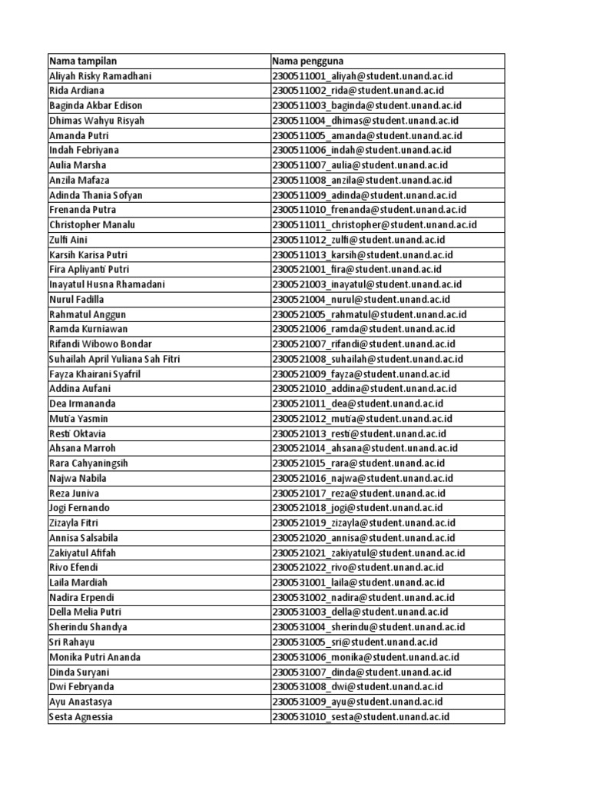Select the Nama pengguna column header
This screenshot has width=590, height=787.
pyautogui.click(x=307, y=61)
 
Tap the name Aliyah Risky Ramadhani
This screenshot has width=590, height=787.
pyautogui.click(x=101, y=75)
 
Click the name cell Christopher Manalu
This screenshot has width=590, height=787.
pyautogui.click(x=92, y=224)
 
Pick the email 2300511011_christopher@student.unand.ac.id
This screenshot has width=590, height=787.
pyautogui.click(x=374, y=224)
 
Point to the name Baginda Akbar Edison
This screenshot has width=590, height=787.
pyautogui.click(x=95, y=105)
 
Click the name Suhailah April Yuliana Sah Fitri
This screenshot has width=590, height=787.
pyautogui.click(x=114, y=359)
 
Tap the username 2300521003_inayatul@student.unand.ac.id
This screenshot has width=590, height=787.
pyautogui.click(x=367, y=284)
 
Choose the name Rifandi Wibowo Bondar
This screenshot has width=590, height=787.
pyautogui.click(x=100, y=344)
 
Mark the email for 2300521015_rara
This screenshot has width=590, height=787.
pyautogui.click(x=358, y=463)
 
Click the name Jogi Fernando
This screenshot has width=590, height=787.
pyautogui.click(x=79, y=508)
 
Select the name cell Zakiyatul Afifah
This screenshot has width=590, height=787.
pyautogui.click(x=83, y=553)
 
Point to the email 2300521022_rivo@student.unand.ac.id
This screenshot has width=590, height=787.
pyautogui.click(x=358, y=567)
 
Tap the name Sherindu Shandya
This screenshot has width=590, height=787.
pyautogui.click(x=88, y=627)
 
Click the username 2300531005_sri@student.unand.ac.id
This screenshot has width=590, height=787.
pyautogui.click(x=355, y=642)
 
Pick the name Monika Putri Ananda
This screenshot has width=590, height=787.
pyautogui.click(x=94, y=657)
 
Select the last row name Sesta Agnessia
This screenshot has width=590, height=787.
pyautogui.click(x=81, y=716)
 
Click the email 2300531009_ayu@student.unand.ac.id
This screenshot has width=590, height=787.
pyautogui.click(x=358, y=702)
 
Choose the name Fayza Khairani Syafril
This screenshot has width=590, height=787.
pyautogui.click(x=94, y=374)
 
